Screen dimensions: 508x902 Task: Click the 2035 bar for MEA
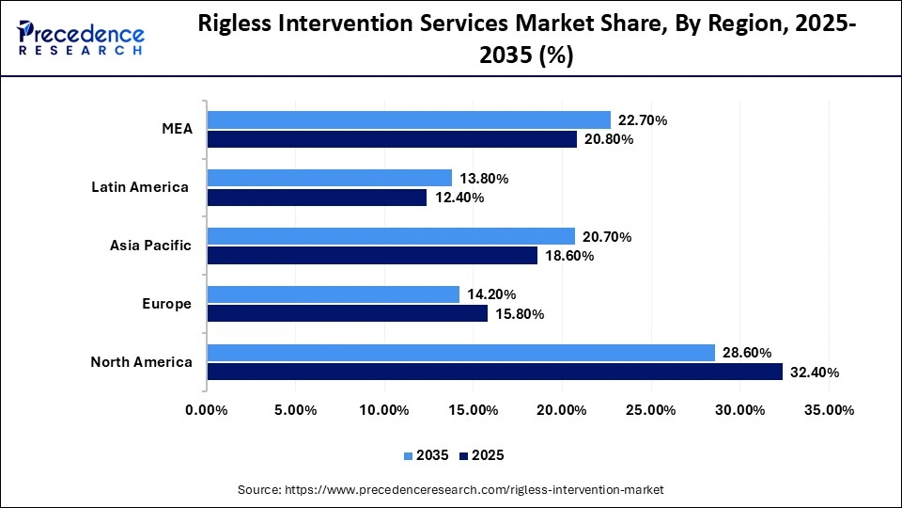[x=409, y=119]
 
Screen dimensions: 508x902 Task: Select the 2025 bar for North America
[x=494, y=372]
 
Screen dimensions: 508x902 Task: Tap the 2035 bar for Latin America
[x=329, y=178]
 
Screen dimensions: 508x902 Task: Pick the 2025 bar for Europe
[x=347, y=313]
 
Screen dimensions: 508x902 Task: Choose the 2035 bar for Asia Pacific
[x=391, y=236]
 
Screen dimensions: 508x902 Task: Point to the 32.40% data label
[x=815, y=373]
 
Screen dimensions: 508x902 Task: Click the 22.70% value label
[x=643, y=120]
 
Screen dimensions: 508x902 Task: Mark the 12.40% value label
[x=459, y=198]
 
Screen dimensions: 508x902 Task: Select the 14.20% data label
[x=491, y=294]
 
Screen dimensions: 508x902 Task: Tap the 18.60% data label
[x=568, y=256]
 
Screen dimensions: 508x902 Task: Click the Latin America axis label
[x=140, y=187]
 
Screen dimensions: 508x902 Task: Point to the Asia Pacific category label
[x=150, y=246]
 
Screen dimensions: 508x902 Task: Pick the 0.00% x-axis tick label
[x=208, y=410]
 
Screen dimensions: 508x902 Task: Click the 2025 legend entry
[x=481, y=455]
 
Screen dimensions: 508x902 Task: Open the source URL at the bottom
[x=451, y=489]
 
